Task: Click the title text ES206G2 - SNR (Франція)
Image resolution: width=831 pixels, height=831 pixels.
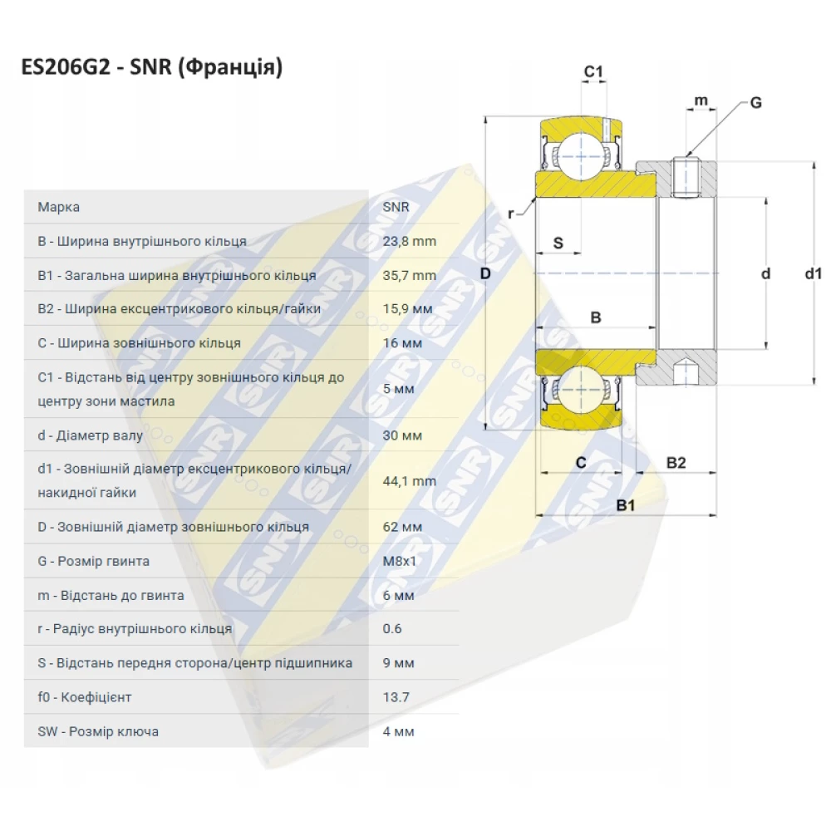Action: [x=152, y=67]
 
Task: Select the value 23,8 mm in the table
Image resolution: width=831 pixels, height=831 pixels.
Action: [x=409, y=242]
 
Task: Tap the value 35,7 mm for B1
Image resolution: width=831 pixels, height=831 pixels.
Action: [x=409, y=276]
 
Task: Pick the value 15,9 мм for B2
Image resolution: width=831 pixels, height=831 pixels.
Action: [x=407, y=309]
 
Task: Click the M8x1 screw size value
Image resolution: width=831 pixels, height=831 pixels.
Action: [x=400, y=562]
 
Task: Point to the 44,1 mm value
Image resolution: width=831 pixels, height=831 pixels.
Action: [x=409, y=481]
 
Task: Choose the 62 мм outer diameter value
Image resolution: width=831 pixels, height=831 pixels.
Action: [x=402, y=527]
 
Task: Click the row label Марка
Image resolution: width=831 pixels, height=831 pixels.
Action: [x=59, y=207]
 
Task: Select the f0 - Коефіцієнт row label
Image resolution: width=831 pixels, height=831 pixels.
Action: [x=85, y=697]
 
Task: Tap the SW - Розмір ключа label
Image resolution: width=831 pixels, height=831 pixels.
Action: [x=98, y=732]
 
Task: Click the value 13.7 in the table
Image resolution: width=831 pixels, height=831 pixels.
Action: [x=396, y=697]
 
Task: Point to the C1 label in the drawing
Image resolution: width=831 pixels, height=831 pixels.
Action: [x=593, y=72]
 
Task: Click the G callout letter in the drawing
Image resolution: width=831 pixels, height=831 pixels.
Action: [x=755, y=103]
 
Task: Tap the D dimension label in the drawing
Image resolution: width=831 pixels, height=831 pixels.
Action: [x=486, y=273]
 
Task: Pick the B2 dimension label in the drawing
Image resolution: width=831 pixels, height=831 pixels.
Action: [x=676, y=463]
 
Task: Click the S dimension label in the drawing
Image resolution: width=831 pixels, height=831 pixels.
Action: [x=558, y=243]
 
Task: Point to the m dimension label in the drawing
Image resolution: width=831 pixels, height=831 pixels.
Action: [x=701, y=101]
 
